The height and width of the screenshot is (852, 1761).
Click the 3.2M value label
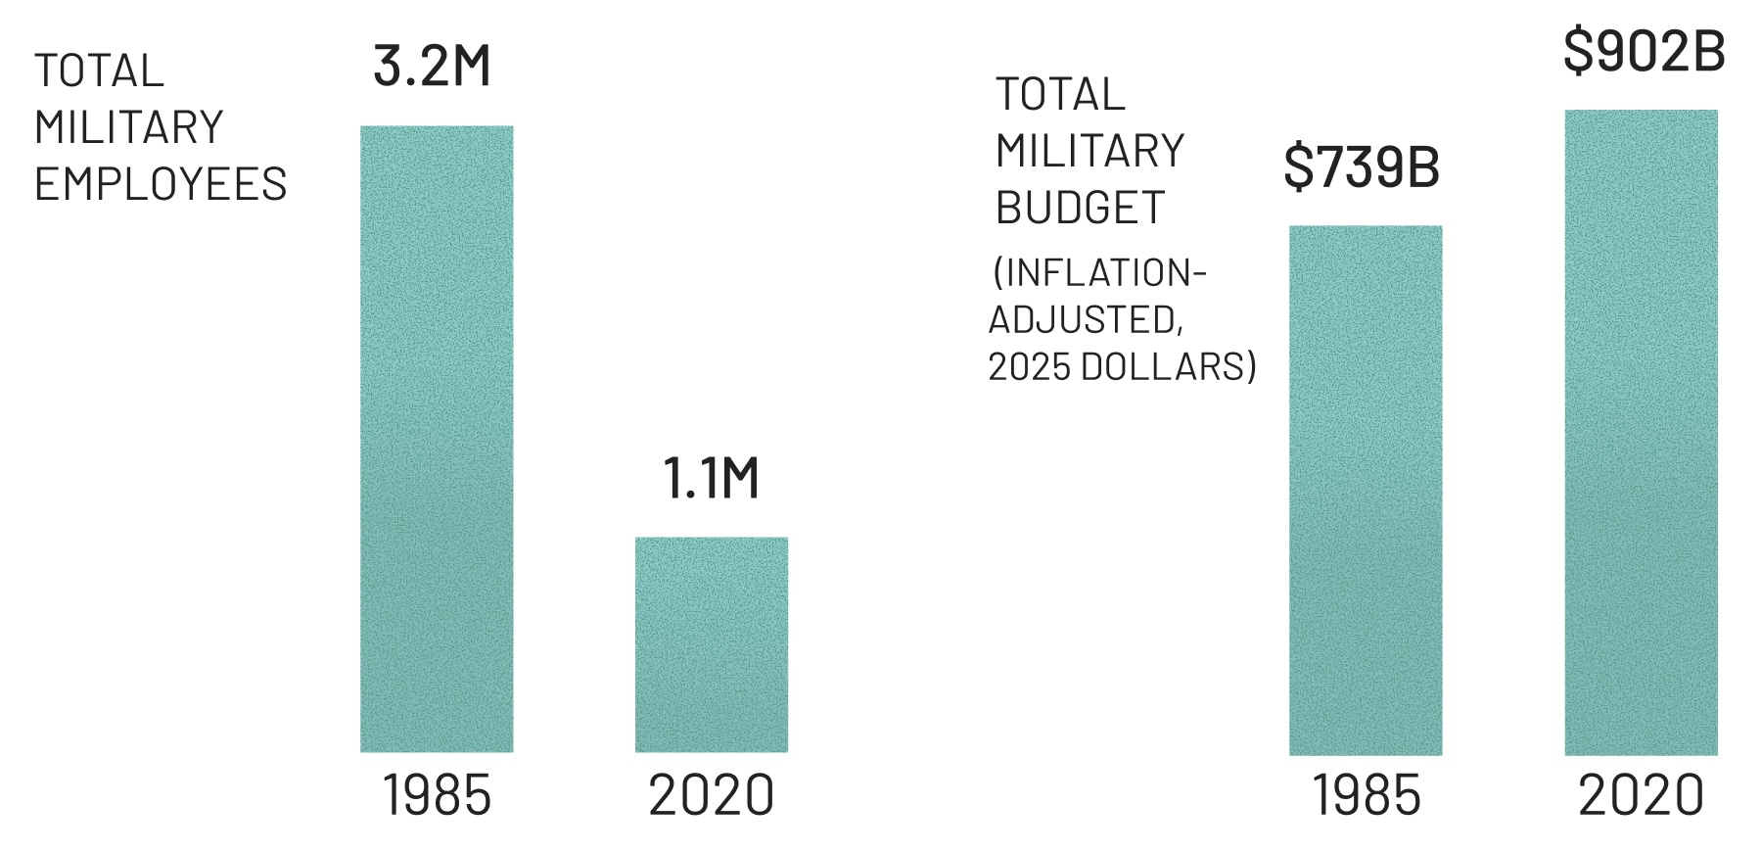coord(432,67)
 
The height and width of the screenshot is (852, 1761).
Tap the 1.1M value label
coord(712,479)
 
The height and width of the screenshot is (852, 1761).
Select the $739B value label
coord(1362,166)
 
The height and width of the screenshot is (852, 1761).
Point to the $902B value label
coord(1644,51)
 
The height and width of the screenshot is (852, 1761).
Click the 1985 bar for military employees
coord(437,439)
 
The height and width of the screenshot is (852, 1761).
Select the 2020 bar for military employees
coord(712,644)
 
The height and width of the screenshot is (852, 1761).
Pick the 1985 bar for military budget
coord(1366,490)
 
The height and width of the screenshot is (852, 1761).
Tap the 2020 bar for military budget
coord(1641,432)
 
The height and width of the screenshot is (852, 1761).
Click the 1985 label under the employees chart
coord(437,795)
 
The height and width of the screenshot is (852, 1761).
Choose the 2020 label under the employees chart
coord(712,795)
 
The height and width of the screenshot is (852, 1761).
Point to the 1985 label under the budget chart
coord(1367,795)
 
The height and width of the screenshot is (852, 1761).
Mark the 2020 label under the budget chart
coord(1642,795)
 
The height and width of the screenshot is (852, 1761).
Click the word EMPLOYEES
coord(161,184)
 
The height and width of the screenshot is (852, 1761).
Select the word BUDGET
coord(1080,208)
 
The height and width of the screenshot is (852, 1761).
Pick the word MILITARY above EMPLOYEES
coord(129,127)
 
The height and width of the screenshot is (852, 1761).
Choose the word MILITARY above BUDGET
coord(1090,151)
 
